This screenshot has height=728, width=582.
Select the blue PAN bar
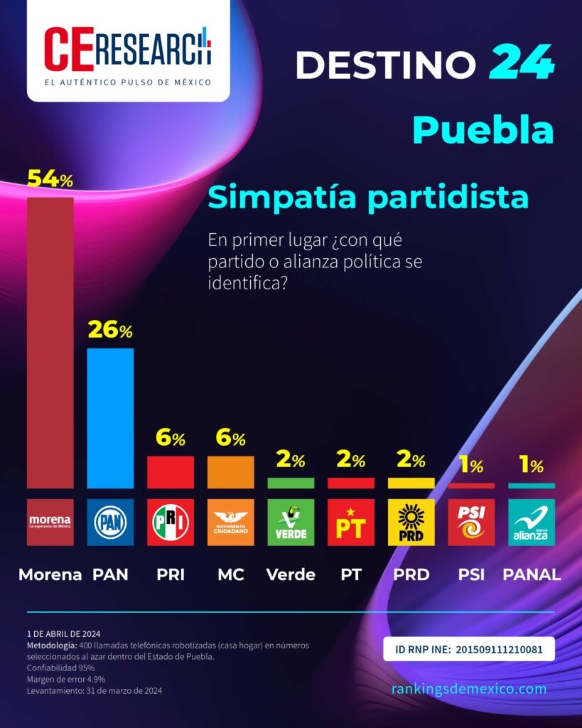pyautogui.click(x=110, y=418)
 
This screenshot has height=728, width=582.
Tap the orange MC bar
pyautogui.click(x=230, y=472)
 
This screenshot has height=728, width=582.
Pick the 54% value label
pyautogui.click(x=50, y=180)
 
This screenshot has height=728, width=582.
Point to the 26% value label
pyautogui.click(x=110, y=331)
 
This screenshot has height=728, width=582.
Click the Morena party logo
pyautogui.click(x=50, y=523)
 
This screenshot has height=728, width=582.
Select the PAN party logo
pyautogui.click(x=110, y=523)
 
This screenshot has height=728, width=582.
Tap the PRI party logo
pyautogui.click(x=171, y=523)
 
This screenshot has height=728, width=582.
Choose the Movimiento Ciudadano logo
pyautogui.click(x=230, y=523)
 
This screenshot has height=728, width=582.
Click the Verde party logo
pyautogui.click(x=291, y=523)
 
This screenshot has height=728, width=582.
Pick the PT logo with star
pyautogui.click(x=351, y=523)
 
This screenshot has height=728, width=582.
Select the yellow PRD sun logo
pyautogui.click(x=411, y=523)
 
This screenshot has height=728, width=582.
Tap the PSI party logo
pyautogui.click(x=471, y=523)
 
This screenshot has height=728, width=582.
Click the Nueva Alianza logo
pyautogui.click(x=532, y=523)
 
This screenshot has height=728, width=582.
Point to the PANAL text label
pyautogui.click(x=532, y=575)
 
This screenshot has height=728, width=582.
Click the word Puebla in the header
pyautogui.click(x=483, y=130)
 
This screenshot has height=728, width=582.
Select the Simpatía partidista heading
pyautogui.click(x=367, y=198)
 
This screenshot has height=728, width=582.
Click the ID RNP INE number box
pyautogui.click(x=468, y=649)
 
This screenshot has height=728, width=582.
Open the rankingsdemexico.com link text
pyautogui.click(x=469, y=689)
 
